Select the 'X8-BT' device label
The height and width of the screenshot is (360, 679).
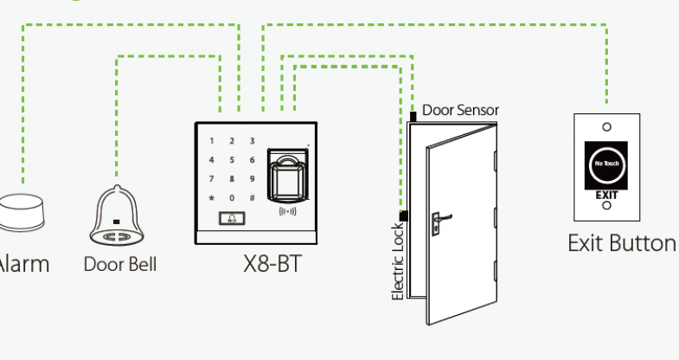coord(272,263)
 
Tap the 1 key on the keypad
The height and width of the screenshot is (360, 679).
coord(211,140)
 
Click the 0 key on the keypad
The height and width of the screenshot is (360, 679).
coord(232,197)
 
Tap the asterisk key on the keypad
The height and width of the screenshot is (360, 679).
coord(211,197)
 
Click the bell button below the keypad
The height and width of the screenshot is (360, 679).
coord(231,219)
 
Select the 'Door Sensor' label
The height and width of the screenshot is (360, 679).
coord(460,111)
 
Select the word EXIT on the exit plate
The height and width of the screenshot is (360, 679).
coord(606,195)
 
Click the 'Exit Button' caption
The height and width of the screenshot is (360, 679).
coord(621,242)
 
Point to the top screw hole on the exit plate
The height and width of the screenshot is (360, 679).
coord(606,126)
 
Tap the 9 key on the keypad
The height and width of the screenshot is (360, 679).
coord(252,178)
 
